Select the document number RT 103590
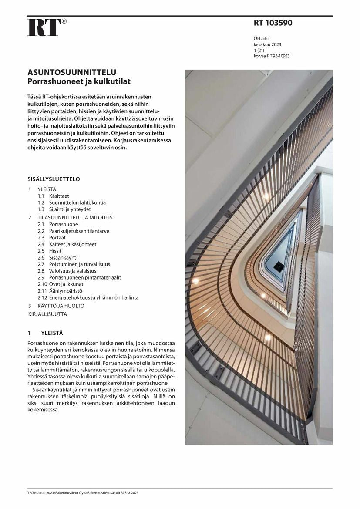pyautogui.click(x=273, y=23)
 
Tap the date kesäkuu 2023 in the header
pyautogui.click(x=267, y=44)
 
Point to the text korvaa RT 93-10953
pyautogui.click(x=272, y=56)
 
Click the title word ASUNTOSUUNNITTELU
pyautogui.click(x=72, y=72)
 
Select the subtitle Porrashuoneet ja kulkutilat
pyautogui.click(x=79, y=81)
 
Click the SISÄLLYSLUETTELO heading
pyautogui.click(x=54, y=179)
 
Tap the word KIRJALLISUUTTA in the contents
pyautogui.click(x=48, y=314)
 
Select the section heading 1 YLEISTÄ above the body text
pyautogui.click(x=45, y=333)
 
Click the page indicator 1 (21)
pyautogui.click(x=259, y=51)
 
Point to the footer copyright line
pyautogui.click(x=83, y=493)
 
